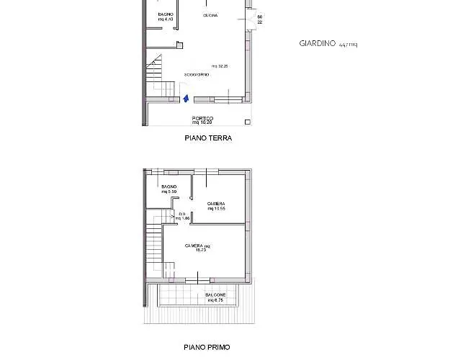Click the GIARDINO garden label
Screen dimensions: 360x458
pos(317,43)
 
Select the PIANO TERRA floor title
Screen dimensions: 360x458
pos(207,138)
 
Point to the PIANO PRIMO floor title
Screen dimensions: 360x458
pos(207,347)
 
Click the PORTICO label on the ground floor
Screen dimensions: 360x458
pos(202,118)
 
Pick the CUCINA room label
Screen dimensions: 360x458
pos(211,15)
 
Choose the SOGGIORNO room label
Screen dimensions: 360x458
pos(197,75)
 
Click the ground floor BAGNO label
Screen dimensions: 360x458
pos(165,14)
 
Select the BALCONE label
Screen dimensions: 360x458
pos(215,294)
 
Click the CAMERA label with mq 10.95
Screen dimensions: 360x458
pos(216,204)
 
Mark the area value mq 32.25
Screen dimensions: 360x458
pos(220,66)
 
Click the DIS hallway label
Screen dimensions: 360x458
pos(182,213)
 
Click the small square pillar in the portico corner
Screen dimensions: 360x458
pos(247,122)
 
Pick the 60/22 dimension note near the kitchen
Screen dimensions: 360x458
pos(259,19)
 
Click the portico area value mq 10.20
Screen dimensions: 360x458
pos(202,123)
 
